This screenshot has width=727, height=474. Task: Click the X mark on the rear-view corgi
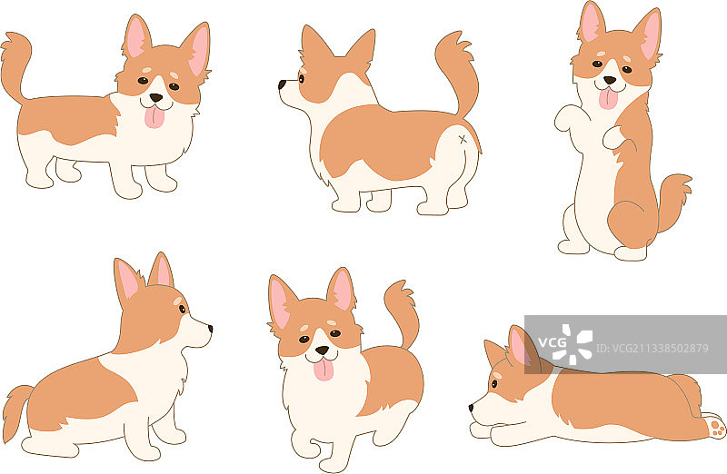[463, 139]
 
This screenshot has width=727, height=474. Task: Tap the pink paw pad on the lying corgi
[716, 424]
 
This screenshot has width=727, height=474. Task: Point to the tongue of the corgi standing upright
[607, 98]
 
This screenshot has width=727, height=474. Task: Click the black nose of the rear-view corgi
[283, 85]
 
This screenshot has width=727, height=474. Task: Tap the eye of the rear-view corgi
[301, 78]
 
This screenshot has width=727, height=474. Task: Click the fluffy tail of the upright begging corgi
[674, 200]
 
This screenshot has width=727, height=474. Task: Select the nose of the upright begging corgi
[609, 81]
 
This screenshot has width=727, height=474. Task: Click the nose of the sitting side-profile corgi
[209, 328]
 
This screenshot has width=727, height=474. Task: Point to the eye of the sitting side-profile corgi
[183, 309]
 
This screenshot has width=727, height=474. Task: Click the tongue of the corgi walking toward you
[323, 368]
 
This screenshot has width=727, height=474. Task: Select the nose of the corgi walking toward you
[322, 349]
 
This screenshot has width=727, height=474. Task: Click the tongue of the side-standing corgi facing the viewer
[155, 116]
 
